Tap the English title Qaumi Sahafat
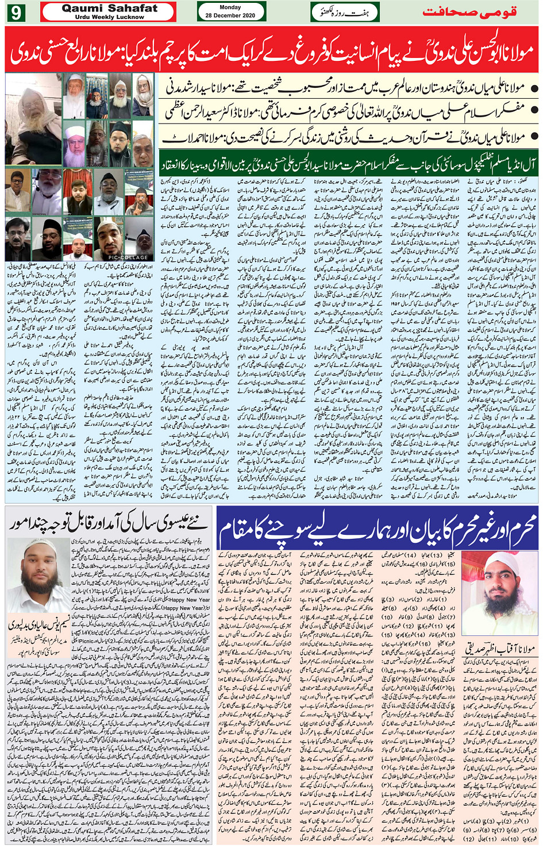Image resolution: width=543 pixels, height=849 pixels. [x=109, y=8]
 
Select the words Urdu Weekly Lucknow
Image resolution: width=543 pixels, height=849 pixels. [x=109, y=17]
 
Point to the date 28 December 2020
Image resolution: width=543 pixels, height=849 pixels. [x=230, y=16]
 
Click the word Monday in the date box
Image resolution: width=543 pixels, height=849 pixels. [x=230, y=7]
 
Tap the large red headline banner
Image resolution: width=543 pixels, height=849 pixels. [x=271, y=50]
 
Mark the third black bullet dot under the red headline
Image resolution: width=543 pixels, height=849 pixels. [x=534, y=137]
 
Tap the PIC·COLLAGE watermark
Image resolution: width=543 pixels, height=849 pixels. [x=127, y=257]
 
